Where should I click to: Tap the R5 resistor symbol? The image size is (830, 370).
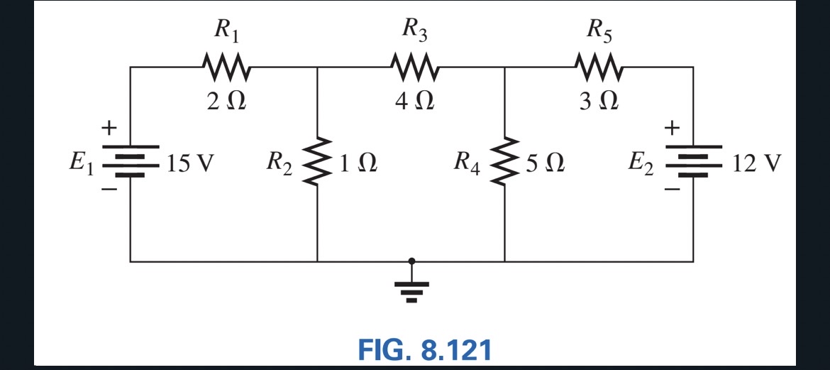pos(600,68)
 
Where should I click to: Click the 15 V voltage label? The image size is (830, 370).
pos(189,165)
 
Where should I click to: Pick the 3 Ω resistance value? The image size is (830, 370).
pos(599,102)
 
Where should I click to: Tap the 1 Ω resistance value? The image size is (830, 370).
pos(357,165)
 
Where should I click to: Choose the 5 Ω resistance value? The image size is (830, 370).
pos(545,165)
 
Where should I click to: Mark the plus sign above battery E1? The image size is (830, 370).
pos(109,129)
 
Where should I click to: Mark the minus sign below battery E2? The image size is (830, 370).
pos(671,190)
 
